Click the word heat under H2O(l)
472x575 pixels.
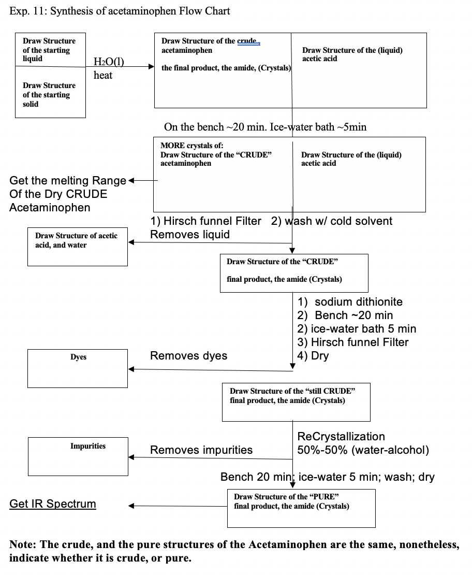coord(103,75)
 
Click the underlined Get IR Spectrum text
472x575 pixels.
coord(53,504)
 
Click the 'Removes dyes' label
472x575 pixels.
coord(188,355)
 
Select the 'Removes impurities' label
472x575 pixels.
coord(201,450)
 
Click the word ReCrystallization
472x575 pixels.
coord(341,437)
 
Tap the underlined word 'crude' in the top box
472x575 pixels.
coord(247,41)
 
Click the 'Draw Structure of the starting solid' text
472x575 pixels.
coord(49,95)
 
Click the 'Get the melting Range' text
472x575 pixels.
coord(68,181)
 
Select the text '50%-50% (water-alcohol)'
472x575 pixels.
coord(363,450)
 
